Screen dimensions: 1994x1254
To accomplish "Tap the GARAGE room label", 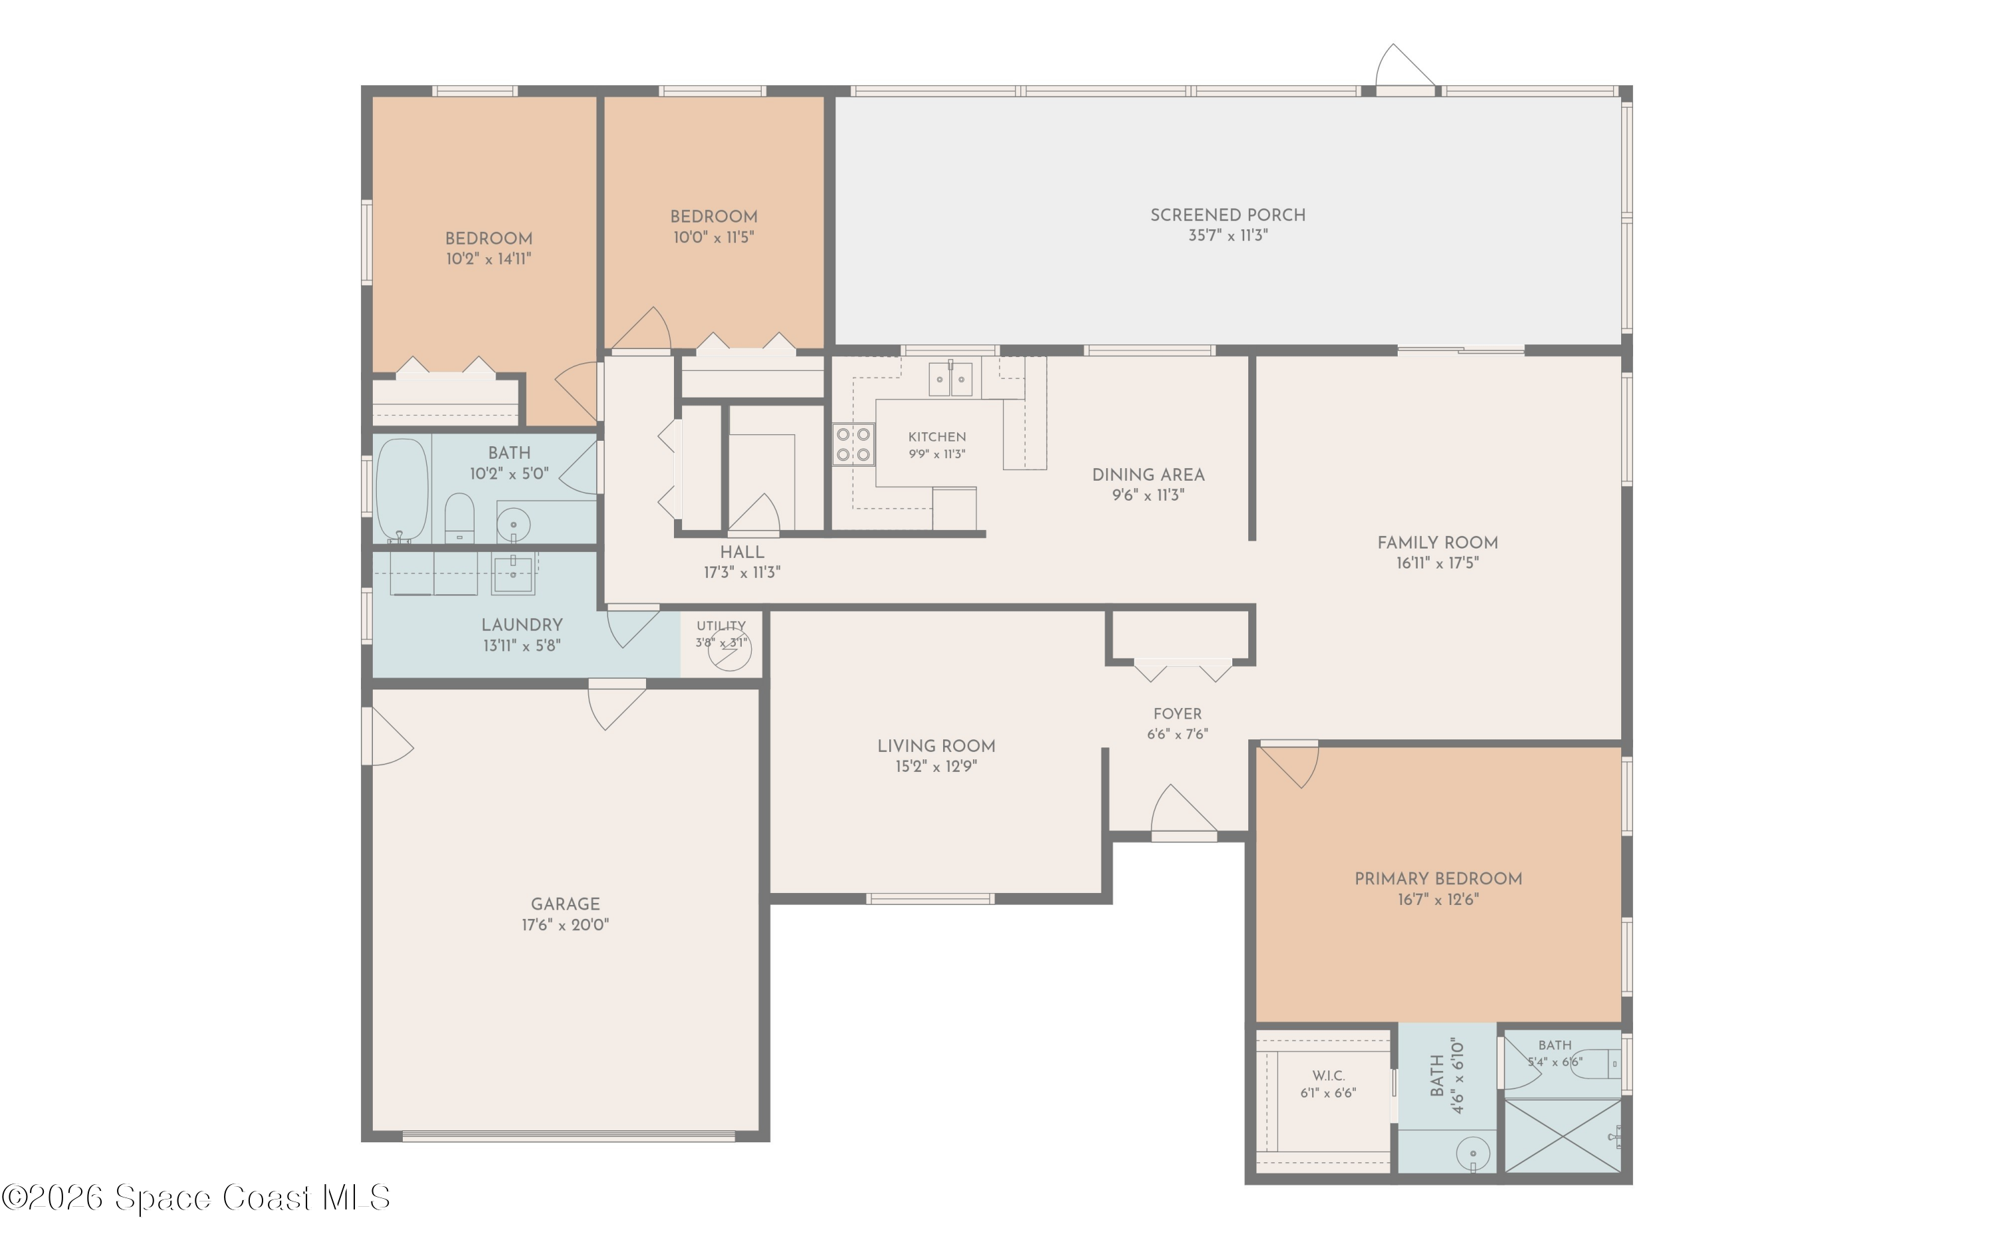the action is [x=566, y=904].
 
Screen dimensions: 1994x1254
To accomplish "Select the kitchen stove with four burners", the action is [x=853, y=444].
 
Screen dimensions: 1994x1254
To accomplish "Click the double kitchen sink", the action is [x=950, y=380].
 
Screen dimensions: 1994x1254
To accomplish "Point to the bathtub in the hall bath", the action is [x=402, y=489].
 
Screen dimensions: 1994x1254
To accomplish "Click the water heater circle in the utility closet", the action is [x=730, y=650].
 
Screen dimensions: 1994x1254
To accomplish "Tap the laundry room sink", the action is [x=513, y=572].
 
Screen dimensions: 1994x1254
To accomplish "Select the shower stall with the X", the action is [x=1562, y=1136].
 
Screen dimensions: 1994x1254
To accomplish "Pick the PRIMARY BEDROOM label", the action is [x=1438, y=879].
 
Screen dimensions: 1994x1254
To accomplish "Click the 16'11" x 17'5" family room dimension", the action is [x=1438, y=563].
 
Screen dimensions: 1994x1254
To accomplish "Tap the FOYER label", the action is [x=1178, y=714].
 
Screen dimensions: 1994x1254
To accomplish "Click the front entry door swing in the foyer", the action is [x=1183, y=809].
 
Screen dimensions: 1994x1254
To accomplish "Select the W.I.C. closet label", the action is [x=1328, y=1076].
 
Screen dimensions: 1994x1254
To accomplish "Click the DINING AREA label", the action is [x=1149, y=475].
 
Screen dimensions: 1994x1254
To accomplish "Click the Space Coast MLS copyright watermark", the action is [x=196, y=1197].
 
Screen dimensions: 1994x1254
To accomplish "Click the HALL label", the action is [x=742, y=553].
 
